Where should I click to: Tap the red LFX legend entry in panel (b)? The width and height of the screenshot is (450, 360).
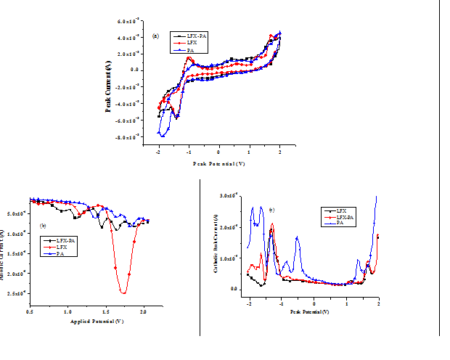click(x=60, y=247)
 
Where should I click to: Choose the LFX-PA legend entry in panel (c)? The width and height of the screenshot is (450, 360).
click(x=345, y=218)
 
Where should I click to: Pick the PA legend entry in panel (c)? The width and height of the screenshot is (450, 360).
click(x=341, y=224)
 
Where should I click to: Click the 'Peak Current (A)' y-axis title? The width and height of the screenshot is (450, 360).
click(x=108, y=86)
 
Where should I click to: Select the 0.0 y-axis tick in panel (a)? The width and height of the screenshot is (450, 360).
click(x=134, y=70)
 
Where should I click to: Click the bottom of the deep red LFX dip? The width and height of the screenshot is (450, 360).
click(x=124, y=292)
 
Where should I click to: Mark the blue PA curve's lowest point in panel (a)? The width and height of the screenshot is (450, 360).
click(x=163, y=136)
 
